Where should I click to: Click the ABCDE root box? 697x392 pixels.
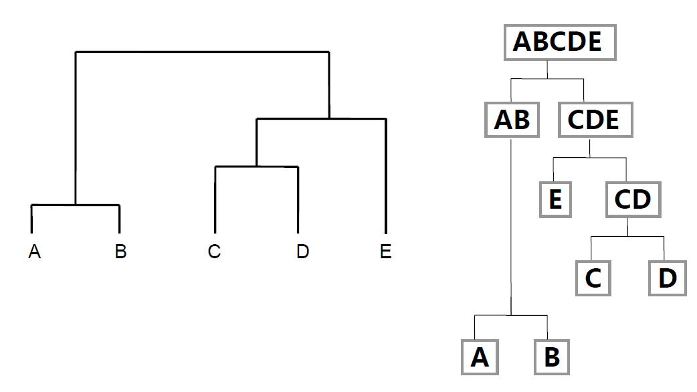click(558, 42)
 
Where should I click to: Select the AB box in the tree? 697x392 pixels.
click(512, 120)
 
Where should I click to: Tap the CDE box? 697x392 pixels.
click(593, 120)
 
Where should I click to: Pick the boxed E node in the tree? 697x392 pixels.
click(555, 199)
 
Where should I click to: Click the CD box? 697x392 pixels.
click(633, 199)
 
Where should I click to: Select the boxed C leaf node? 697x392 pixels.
click(593, 278)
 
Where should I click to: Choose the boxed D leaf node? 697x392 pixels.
click(667, 278)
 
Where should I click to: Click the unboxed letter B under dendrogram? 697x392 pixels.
click(120, 252)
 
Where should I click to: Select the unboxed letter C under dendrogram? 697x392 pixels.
click(214, 252)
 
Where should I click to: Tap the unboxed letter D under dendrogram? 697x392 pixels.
click(302, 252)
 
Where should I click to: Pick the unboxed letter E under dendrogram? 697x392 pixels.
click(385, 252)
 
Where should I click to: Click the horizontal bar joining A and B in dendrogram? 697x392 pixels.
click(75, 205)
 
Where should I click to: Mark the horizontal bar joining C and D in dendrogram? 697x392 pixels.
click(256, 167)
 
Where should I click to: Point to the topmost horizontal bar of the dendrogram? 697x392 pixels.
click(201, 52)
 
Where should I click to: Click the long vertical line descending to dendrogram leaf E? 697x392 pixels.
click(386, 181)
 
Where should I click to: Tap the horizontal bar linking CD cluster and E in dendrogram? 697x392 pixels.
click(321, 119)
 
